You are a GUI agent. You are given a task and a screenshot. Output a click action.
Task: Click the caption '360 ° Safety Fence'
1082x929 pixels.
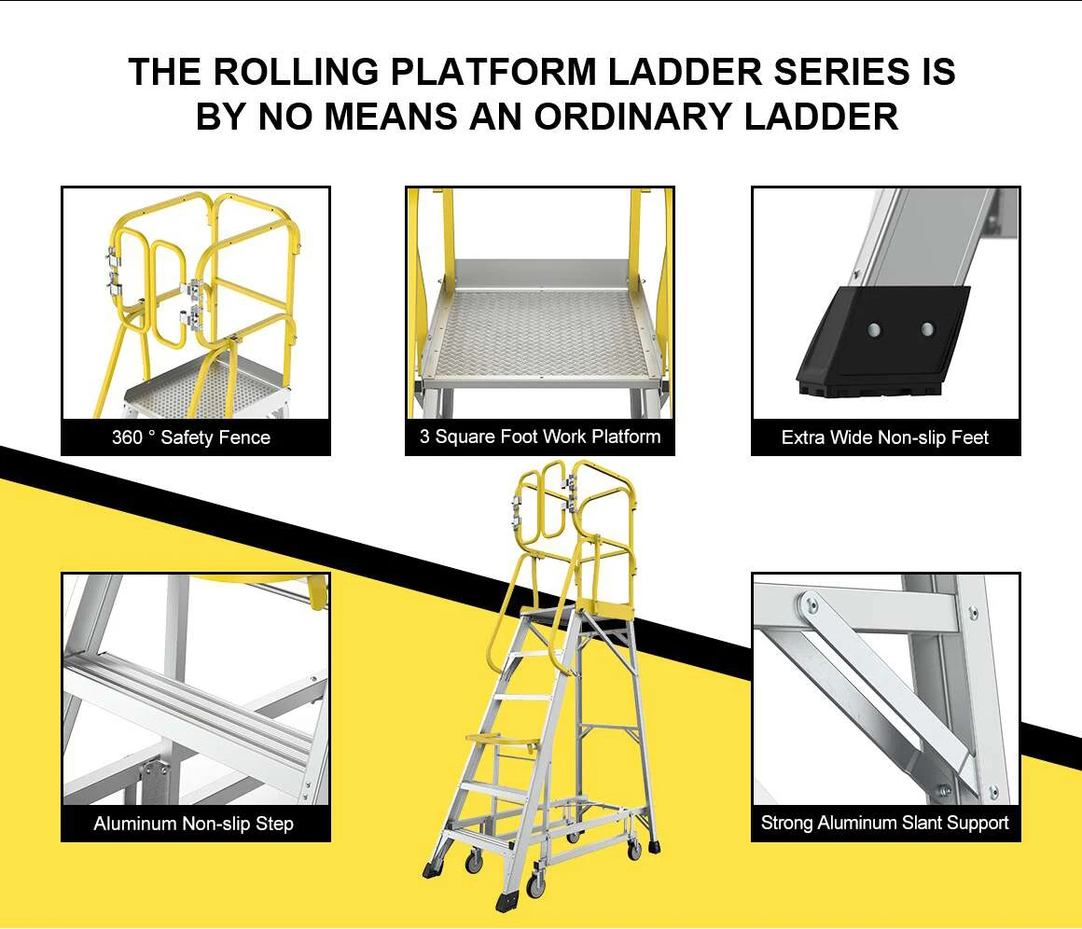[191, 437]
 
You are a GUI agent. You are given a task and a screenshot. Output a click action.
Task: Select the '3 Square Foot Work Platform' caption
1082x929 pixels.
[539, 437]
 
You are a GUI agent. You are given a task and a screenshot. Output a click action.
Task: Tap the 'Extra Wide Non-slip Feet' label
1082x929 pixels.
[885, 437]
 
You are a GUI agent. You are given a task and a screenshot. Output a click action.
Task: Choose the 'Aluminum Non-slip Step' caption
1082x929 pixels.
[193, 824]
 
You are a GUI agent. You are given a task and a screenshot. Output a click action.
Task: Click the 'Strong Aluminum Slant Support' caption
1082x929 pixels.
[884, 823]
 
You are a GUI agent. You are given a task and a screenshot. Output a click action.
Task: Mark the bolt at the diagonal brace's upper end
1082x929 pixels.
[811, 607]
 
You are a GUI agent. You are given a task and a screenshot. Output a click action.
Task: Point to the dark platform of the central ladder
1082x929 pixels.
[560, 613]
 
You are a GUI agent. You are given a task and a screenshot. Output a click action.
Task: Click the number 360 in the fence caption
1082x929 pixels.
[127, 437]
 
